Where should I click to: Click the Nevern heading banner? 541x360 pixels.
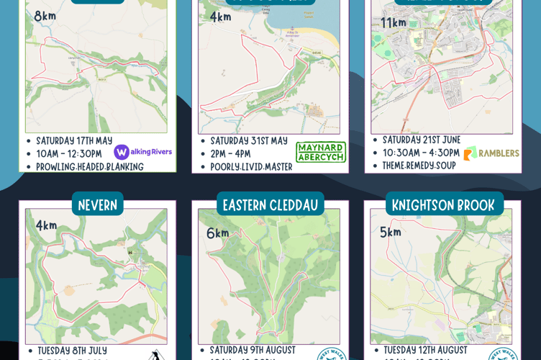pyautogui.click(x=97, y=204)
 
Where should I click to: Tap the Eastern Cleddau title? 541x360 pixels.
pyautogui.click(x=270, y=204)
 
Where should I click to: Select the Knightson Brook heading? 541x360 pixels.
pyautogui.click(x=443, y=204)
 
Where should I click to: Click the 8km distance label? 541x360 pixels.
pyautogui.click(x=45, y=16)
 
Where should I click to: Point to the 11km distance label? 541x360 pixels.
pyautogui.click(x=394, y=22)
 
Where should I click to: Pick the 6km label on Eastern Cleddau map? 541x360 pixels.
pyautogui.click(x=217, y=233)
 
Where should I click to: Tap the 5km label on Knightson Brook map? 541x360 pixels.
pyautogui.click(x=391, y=232)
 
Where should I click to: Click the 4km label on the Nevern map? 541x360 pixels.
pyautogui.click(x=46, y=225)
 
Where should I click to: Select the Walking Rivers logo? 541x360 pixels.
pyautogui.click(x=142, y=152)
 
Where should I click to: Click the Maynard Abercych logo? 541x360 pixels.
pyautogui.click(x=321, y=152)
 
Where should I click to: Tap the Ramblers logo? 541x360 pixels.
pyautogui.click(x=491, y=153)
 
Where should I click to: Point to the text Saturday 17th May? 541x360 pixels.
pyautogui.click(x=74, y=140)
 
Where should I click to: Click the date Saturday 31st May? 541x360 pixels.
pyautogui.click(x=248, y=140)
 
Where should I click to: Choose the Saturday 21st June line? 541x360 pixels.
pyautogui.click(x=422, y=140)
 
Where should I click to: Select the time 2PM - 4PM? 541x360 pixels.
pyautogui.click(x=230, y=153)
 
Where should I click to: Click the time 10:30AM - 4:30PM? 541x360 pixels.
pyautogui.click(x=421, y=153)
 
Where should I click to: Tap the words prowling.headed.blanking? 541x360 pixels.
pyautogui.click(x=90, y=166)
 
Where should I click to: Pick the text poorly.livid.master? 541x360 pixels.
pyautogui.click(x=251, y=166)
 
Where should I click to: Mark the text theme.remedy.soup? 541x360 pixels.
pyautogui.click(x=419, y=165)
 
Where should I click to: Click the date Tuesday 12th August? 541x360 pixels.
pyautogui.click(x=425, y=350)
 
